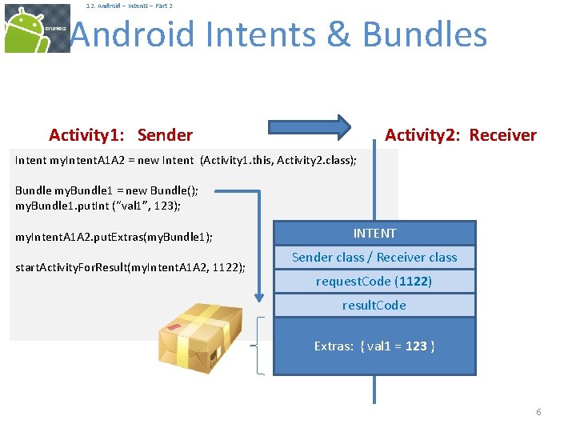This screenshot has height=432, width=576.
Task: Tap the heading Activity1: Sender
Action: coord(121,135)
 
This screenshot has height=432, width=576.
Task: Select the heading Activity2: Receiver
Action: coord(460,135)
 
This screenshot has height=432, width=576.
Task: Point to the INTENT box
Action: coord(374,234)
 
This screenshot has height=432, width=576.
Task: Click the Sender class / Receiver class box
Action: coord(374,258)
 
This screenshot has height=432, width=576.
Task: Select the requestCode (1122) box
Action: coord(374,282)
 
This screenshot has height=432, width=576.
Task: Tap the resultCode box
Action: coord(374,306)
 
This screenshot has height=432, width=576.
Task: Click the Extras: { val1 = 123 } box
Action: coord(374,346)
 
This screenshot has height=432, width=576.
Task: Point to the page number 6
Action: coord(538,412)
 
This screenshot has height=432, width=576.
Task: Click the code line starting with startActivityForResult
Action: coord(130,267)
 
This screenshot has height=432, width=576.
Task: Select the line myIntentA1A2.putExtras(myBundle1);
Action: coord(114,238)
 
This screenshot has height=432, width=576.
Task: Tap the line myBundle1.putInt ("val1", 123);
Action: coord(98,206)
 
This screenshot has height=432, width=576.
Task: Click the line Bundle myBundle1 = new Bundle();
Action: coord(107,190)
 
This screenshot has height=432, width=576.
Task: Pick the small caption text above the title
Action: coord(129,6)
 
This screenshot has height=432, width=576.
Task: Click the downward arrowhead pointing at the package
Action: coord(258,298)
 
